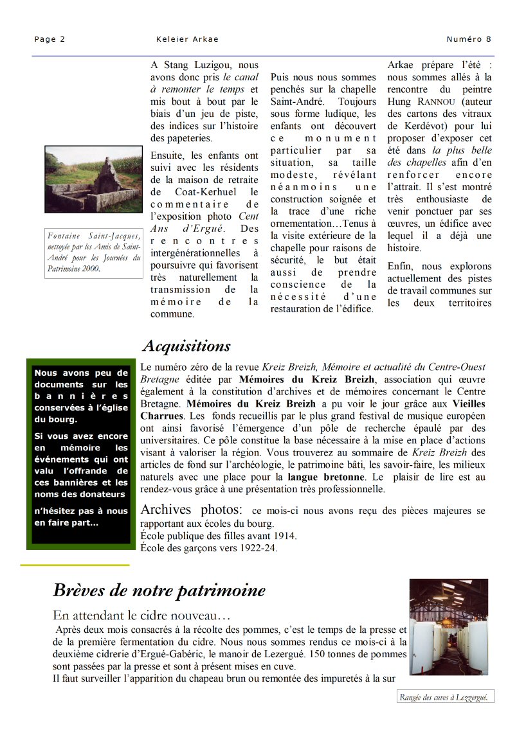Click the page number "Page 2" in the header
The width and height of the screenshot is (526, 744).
pyautogui.click(x=50, y=39)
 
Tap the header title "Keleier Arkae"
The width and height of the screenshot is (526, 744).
pyautogui.click(x=187, y=39)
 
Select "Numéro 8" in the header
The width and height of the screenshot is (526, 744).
pyautogui.click(x=469, y=39)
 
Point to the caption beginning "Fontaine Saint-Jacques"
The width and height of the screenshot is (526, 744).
pyautogui.click(x=94, y=252)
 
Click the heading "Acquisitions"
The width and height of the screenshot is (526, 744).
pyautogui.click(x=186, y=346)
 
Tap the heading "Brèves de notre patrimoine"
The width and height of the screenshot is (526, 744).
pyautogui.click(x=159, y=590)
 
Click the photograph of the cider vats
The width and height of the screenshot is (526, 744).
pyautogui.click(x=448, y=627)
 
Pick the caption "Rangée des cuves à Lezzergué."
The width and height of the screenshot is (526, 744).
pyautogui.click(x=446, y=697)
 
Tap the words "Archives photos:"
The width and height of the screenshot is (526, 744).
pyautogui.click(x=191, y=510)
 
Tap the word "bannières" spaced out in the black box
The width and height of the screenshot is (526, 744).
pyautogui.click(x=81, y=396)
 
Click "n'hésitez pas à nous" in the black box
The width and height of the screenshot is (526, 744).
pyautogui.click(x=81, y=511)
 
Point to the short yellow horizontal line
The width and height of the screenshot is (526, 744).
pyautogui.click(x=75, y=565)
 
